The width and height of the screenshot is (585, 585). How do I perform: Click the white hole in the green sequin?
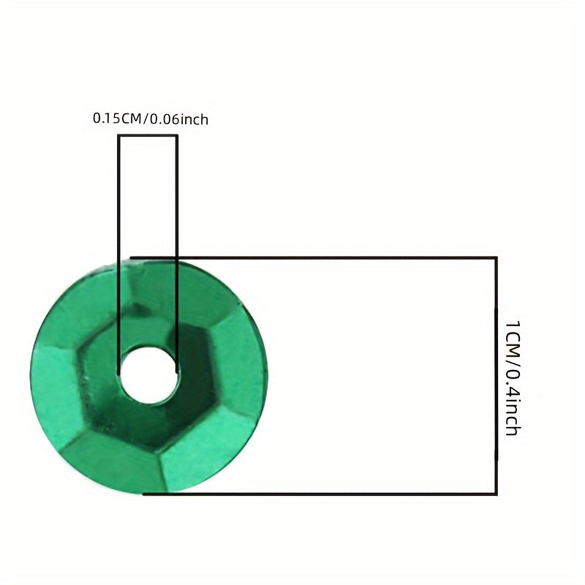[148, 376]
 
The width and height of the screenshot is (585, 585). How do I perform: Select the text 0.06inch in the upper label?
[178, 119]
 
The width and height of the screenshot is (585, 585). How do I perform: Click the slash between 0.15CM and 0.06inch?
[146, 119]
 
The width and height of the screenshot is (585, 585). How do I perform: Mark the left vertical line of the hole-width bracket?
[118, 254]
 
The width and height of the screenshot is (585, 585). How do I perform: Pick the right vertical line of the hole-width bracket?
[176, 254]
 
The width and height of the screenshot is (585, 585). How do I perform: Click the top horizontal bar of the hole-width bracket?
[148, 135]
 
